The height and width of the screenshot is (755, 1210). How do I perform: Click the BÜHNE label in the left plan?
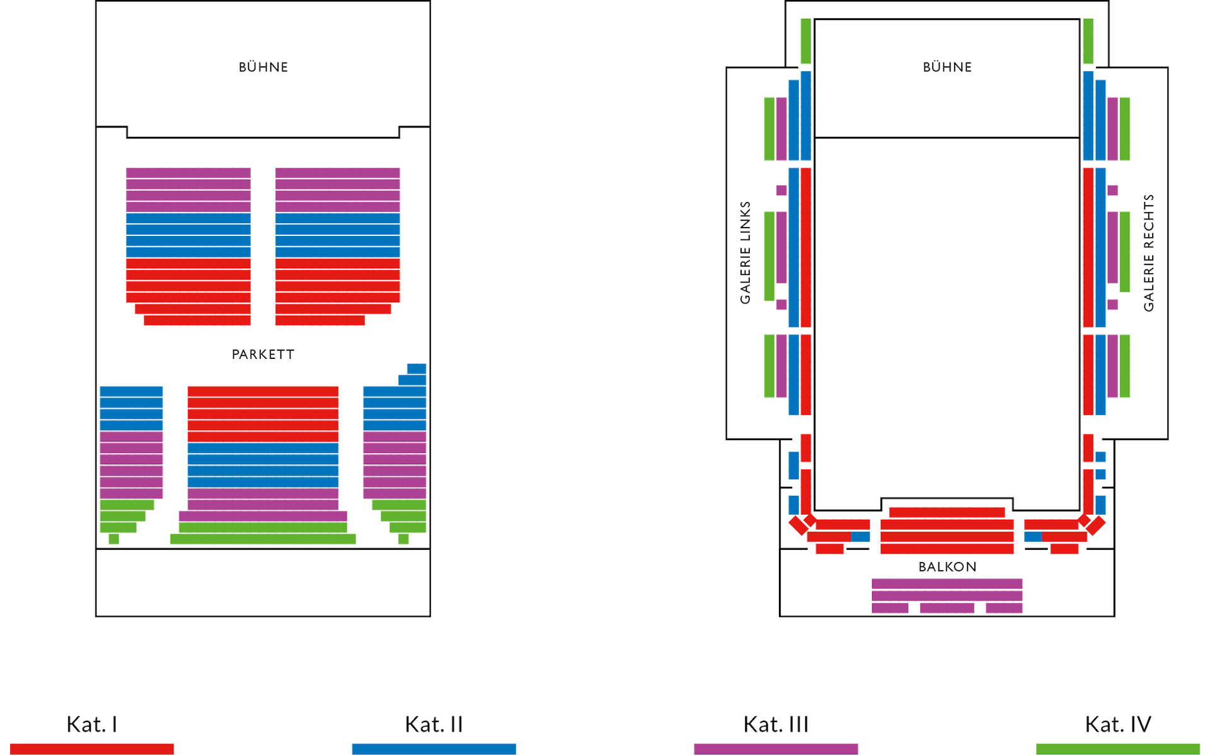(263, 67)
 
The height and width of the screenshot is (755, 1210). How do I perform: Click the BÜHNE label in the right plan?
(947, 67)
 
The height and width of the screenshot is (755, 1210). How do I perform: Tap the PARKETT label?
(263, 354)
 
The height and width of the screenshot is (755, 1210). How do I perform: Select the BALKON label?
(947, 566)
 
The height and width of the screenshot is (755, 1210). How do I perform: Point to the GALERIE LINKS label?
(746, 252)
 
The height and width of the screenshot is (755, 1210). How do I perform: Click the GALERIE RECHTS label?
(1149, 252)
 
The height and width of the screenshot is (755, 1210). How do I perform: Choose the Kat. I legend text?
(92, 724)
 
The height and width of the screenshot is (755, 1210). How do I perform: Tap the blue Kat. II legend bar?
(434, 749)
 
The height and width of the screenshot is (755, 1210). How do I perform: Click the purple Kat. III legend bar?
(776, 749)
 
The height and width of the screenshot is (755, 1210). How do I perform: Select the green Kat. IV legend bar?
(1118, 749)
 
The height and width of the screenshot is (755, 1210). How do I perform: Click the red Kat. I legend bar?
(92, 749)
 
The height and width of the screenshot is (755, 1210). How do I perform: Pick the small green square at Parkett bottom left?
(113, 539)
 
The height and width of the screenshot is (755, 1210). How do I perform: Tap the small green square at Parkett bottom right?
(403, 539)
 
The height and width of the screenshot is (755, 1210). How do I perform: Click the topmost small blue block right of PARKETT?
(417, 368)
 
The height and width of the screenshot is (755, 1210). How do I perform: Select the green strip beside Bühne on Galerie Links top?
(805, 41)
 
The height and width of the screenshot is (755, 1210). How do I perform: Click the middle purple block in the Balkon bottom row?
(947, 608)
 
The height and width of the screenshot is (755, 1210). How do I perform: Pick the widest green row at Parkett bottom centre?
(263, 539)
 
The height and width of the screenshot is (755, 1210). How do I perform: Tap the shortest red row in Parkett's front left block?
(197, 320)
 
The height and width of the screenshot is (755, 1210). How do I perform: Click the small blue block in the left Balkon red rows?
(860, 537)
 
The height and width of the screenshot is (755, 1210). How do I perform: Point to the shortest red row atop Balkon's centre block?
(947, 512)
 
